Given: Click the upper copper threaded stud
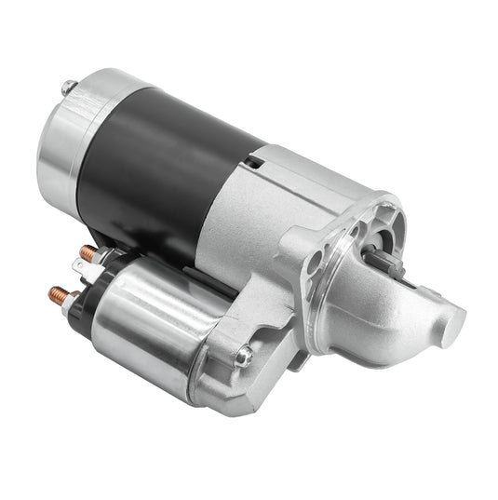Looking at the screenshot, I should point(87,252).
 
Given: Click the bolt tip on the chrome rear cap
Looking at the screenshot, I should point(66,87).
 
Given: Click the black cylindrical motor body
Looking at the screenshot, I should point(158,168).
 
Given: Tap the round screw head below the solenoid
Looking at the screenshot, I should point(242,355).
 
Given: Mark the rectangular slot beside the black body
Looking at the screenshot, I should point(253,161).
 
